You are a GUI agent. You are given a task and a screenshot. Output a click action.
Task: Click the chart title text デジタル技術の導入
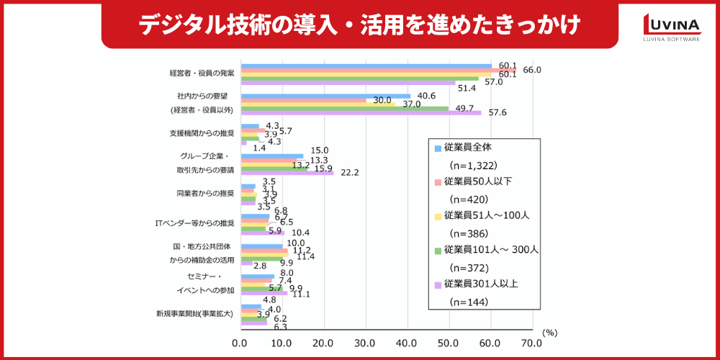point(359,24)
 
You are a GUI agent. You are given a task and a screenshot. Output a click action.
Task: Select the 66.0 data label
point(532,70)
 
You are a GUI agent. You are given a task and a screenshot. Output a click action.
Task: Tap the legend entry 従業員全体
point(474,148)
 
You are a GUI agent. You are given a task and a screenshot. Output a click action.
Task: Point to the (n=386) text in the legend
point(469,233)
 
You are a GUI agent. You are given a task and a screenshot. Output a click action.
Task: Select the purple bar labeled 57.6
point(361,112)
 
